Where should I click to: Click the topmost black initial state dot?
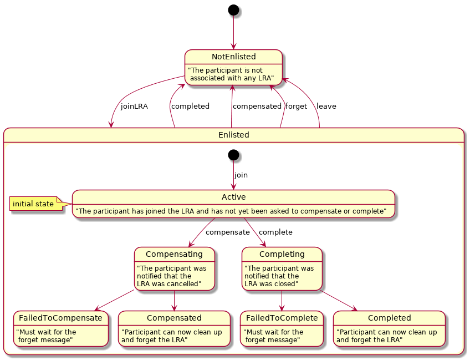(233, 10)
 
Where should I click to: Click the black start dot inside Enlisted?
(233, 155)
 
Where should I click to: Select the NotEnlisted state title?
(233, 57)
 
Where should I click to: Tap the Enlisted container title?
(233, 135)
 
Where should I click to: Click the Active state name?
(233, 197)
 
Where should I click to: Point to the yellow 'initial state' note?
(33, 204)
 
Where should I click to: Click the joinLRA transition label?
(134, 106)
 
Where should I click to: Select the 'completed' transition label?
(190, 106)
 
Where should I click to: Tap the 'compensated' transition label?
(257, 106)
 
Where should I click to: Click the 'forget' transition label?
(296, 106)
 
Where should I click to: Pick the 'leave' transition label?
(326, 106)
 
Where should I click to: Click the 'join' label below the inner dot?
(241, 175)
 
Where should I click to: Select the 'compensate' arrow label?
(227, 232)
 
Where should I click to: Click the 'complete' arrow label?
(275, 232)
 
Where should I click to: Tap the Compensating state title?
(174, 254)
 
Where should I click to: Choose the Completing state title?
(282, 254)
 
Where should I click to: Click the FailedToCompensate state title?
(60, 318)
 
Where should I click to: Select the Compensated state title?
(174, 318)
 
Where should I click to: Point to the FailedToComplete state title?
(282, 318)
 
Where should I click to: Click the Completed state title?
(389, 318)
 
